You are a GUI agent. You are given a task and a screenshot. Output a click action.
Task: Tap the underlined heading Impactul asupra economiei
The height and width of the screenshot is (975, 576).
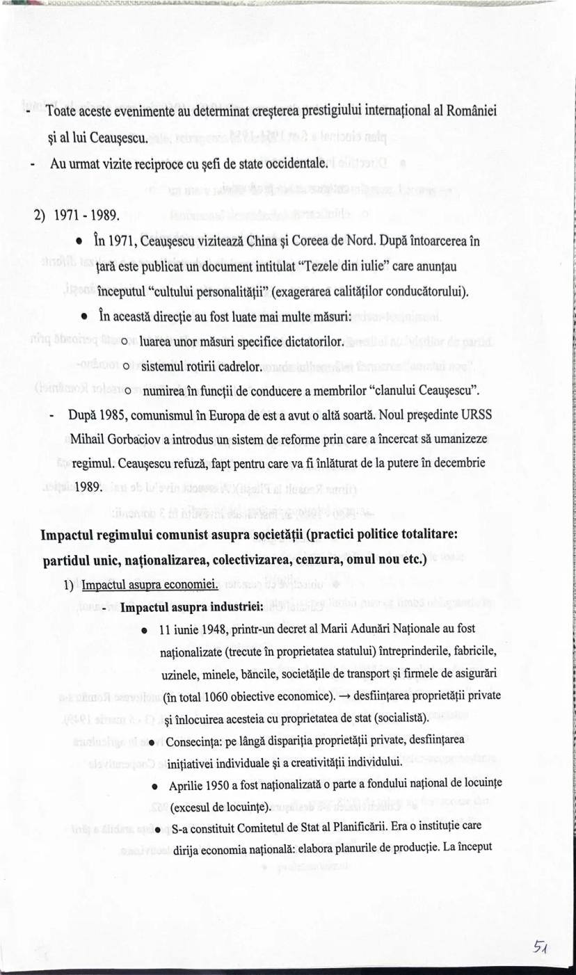tap(150, 585)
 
